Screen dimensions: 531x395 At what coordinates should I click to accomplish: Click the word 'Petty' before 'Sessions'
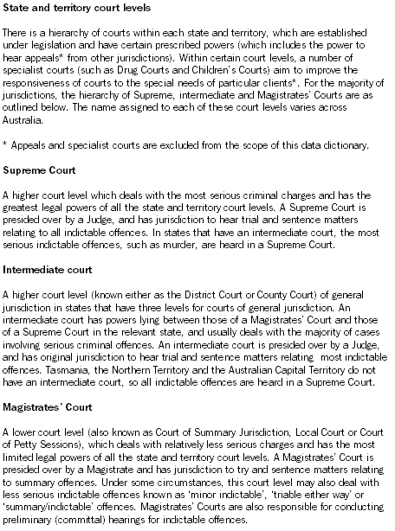[x=29, y=460]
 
